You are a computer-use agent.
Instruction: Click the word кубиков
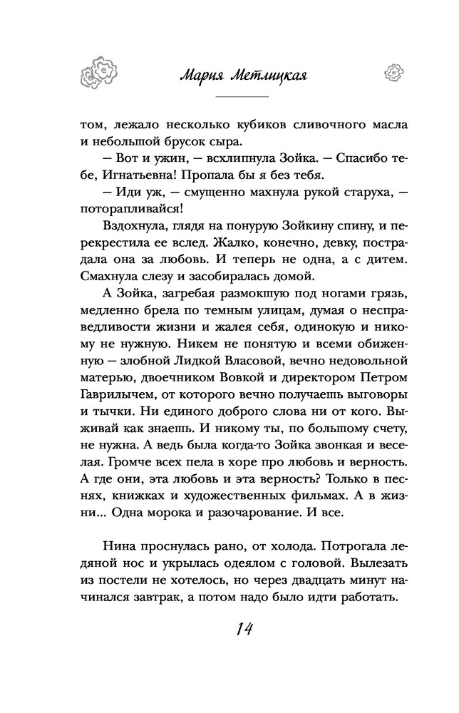240,123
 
